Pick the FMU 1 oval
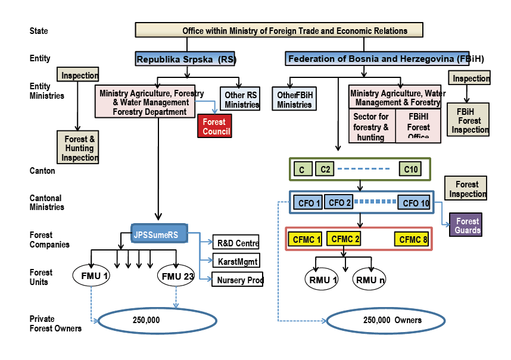click(92, 276)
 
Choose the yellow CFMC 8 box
click(411, 240)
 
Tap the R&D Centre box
click(235, 243)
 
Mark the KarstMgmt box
click(235, 260)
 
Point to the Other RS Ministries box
click(241, 99)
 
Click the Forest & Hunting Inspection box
click(78, 147)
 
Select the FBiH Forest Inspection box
click(469, 120)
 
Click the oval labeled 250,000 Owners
click(385, 321)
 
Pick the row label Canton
click(42, 171)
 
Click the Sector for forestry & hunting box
click(372, 127)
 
